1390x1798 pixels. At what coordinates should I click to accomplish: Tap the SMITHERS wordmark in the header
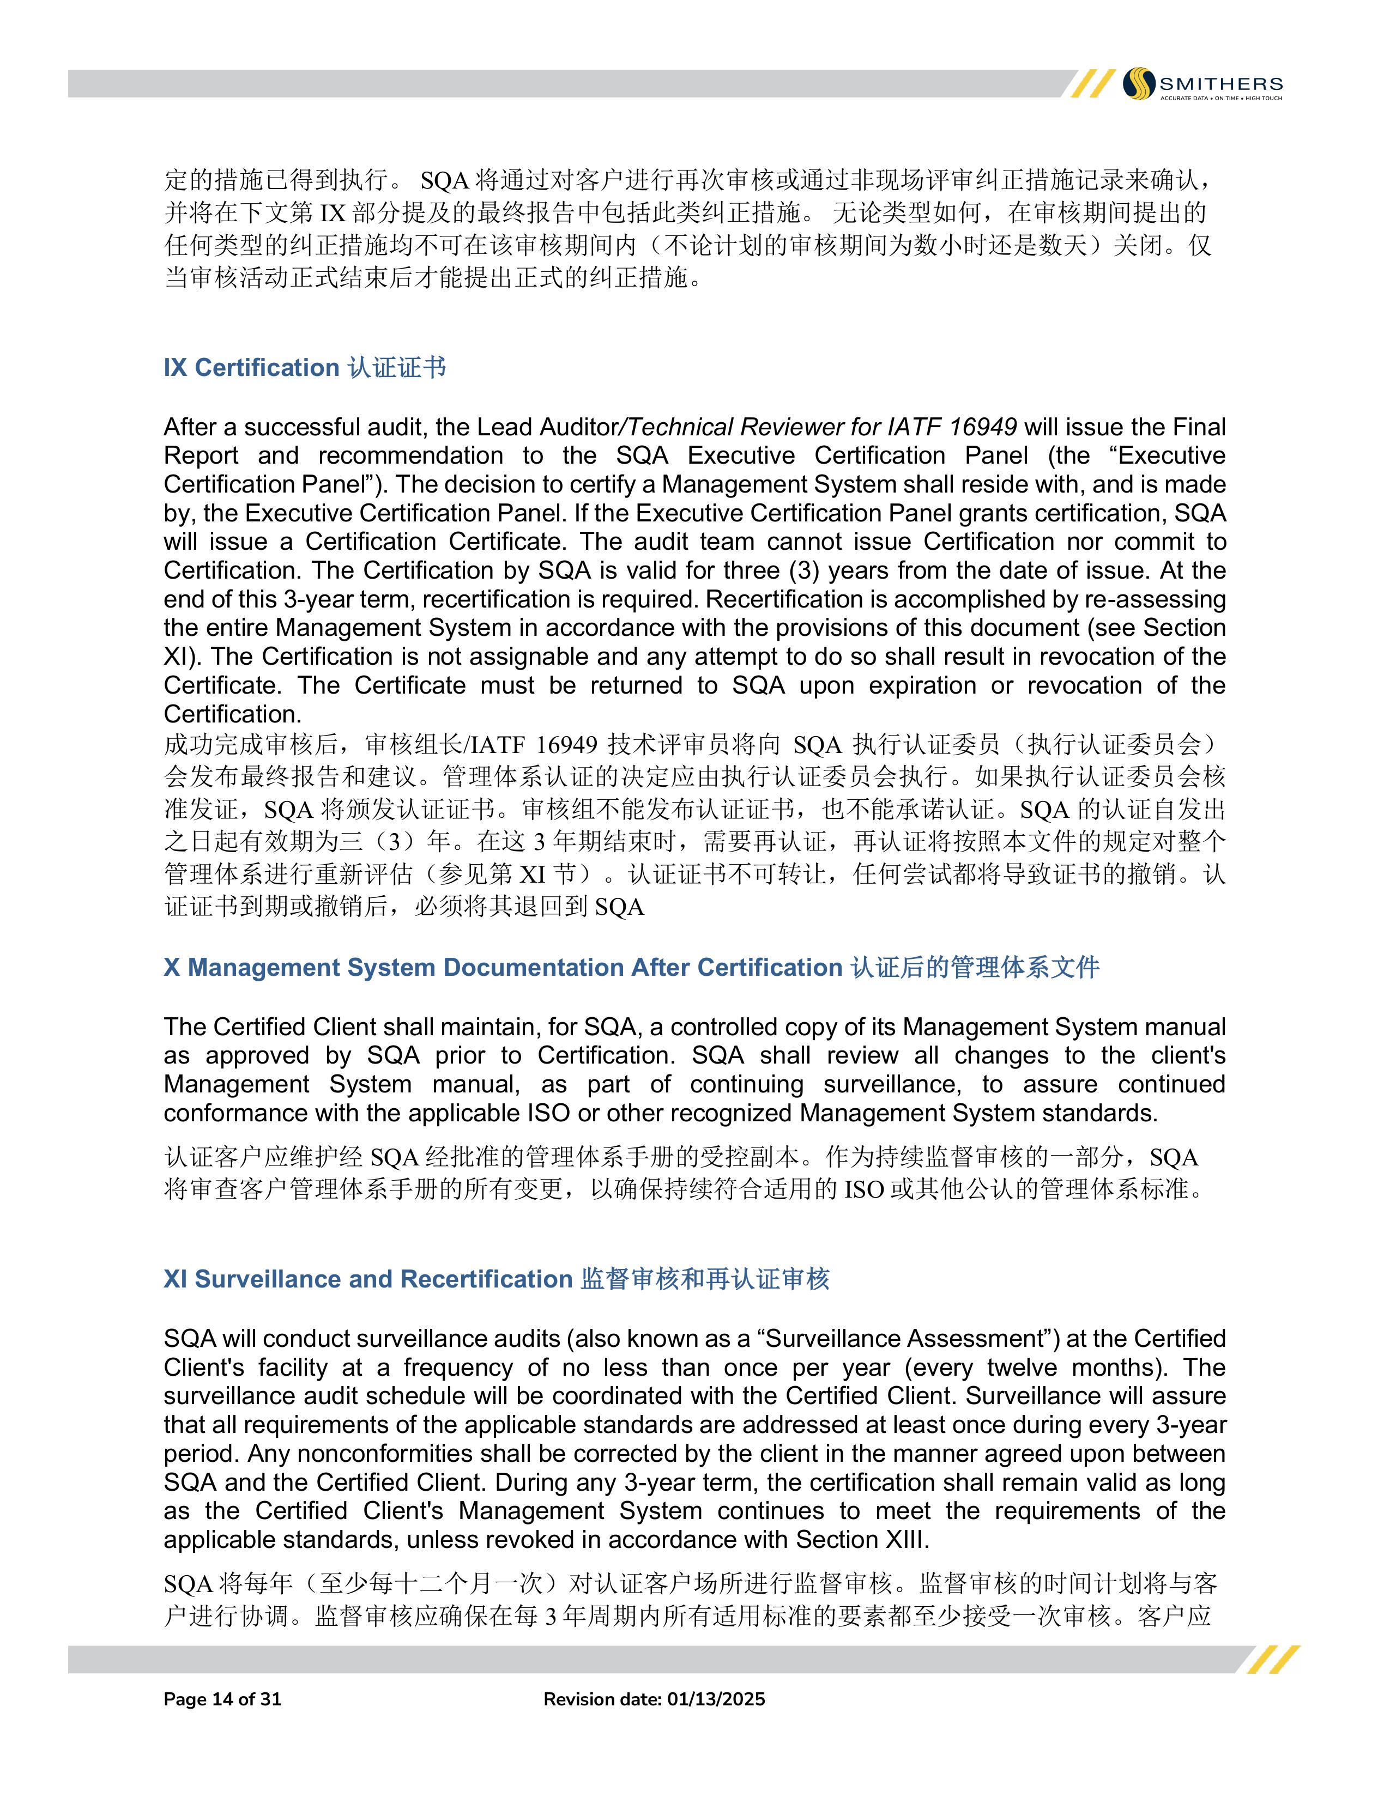point(1220,83)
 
